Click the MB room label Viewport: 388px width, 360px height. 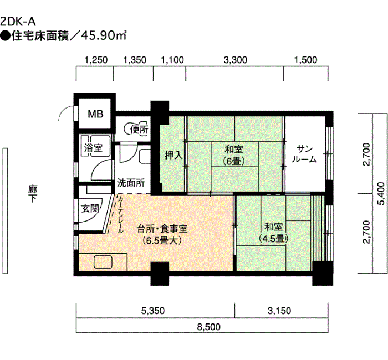pos(95,114)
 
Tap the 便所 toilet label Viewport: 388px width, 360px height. pos(139,129)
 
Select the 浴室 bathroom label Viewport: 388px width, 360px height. pos(93,148)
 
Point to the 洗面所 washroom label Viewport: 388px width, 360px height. pos(131,183)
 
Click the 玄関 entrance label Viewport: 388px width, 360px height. pos(90,209)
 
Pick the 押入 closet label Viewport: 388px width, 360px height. pos(173,156)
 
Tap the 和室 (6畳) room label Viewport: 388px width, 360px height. pos(234,155)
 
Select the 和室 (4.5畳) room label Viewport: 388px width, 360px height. pos(274,233)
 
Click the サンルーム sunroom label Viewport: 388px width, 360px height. pos(304,155)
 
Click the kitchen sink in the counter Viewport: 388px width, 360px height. pos(103,262)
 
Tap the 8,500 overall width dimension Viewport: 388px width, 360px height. pos(209,327)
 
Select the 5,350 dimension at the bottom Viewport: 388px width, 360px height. pos(153,311)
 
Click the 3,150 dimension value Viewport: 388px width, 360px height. pos(279,311)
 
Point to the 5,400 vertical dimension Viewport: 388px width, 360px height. pos(381,194)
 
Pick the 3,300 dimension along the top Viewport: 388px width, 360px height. pos(236,60)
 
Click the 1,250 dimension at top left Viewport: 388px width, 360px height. pos(96,60)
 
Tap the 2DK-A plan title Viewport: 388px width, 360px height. pos(18,22)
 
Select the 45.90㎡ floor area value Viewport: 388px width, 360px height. pos(104,36)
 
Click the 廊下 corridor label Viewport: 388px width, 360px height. pos(32,194)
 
